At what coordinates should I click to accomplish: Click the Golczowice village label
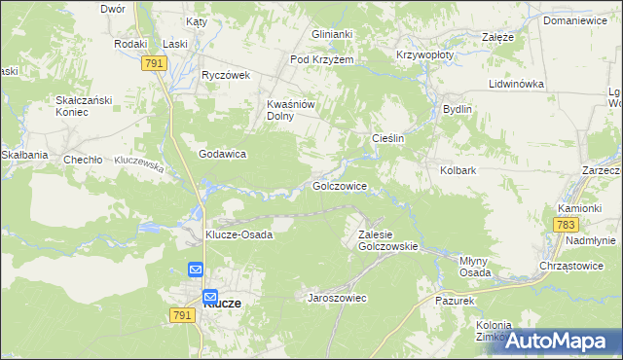tap(339, 185)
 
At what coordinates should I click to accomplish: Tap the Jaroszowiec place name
tap(337, 297)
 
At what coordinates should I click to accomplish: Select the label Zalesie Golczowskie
tap(387, 240)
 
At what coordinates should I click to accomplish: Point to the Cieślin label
tap(388, 139)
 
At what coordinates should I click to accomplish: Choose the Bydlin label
tap(457, 109)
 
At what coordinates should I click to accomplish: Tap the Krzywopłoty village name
tap(424, 55)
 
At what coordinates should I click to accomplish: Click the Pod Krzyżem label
tap(321, 59)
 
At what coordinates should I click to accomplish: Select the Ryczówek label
tap(226, 75)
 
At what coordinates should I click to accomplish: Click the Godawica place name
tap(222, 154)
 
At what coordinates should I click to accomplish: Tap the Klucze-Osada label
tap(238, 234)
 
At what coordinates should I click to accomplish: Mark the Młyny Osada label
tap(475, 267)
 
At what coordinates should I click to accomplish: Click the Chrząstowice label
tap(571, 265)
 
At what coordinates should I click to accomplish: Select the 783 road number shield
tap(566, 225)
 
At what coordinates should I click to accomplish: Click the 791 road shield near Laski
tap(153, 62)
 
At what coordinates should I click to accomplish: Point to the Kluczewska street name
tap(138, 162)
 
